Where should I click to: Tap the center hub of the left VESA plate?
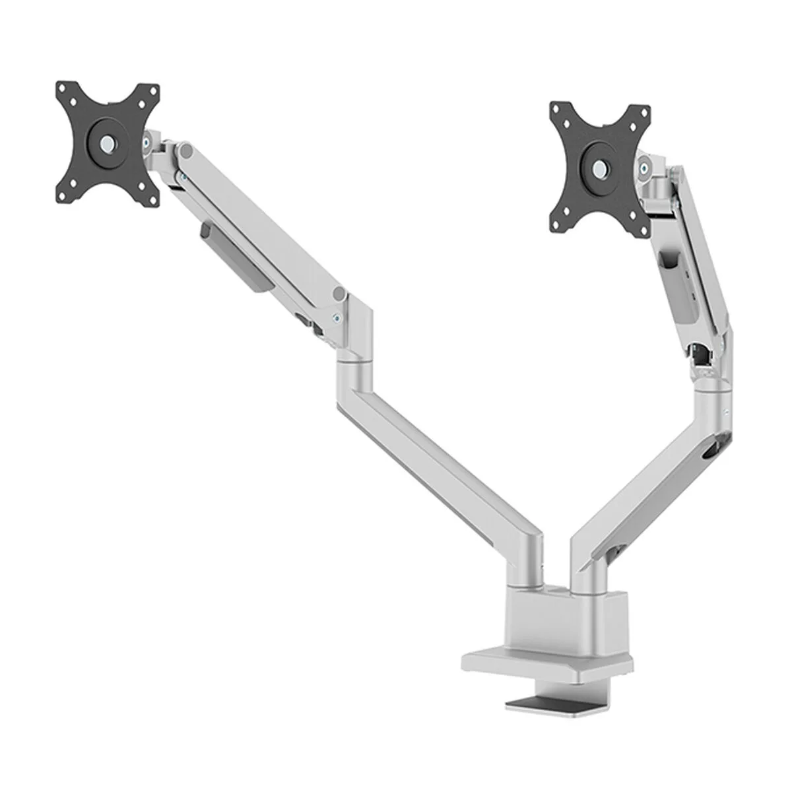[107, 141]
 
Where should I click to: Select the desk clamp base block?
[561, 620]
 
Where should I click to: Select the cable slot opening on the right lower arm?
[713, 452]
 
